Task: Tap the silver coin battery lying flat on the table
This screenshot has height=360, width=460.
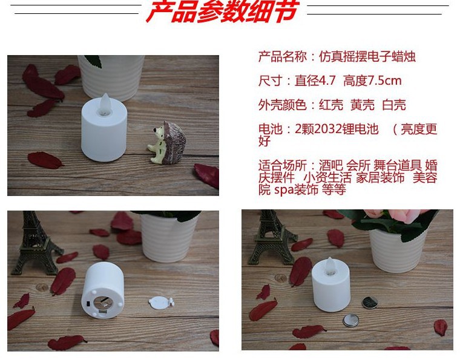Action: [352, 319]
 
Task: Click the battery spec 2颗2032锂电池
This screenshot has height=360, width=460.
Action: [337, 129]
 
